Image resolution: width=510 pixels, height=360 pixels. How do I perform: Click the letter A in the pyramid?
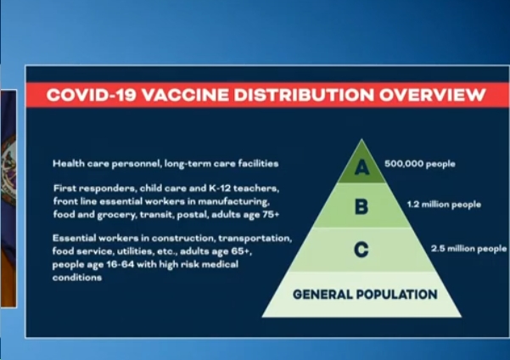point(361,167)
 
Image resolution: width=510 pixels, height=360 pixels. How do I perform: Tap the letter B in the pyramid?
point(361,206)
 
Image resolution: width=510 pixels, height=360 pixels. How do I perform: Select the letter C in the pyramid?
point(361,250)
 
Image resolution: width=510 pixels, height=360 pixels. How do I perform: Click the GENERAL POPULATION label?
point(365,295)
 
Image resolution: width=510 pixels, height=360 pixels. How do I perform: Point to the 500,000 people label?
point(419,164)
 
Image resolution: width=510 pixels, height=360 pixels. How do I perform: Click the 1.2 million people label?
point(444,205)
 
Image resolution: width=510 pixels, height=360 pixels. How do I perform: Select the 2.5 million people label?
point(468,249)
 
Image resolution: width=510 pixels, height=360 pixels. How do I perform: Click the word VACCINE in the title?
point(185,95)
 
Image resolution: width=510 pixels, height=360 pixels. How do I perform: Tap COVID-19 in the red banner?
point(91,95)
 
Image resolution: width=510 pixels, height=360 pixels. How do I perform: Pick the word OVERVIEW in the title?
point(432,95)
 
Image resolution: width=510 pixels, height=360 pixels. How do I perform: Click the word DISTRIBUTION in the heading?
point(304,95)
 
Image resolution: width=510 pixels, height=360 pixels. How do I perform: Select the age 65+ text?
point(232,251)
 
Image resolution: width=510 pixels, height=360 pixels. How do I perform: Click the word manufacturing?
point(234,202)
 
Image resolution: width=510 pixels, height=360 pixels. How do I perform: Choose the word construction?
point(184,239)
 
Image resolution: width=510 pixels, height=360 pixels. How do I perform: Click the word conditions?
point(77,278)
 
